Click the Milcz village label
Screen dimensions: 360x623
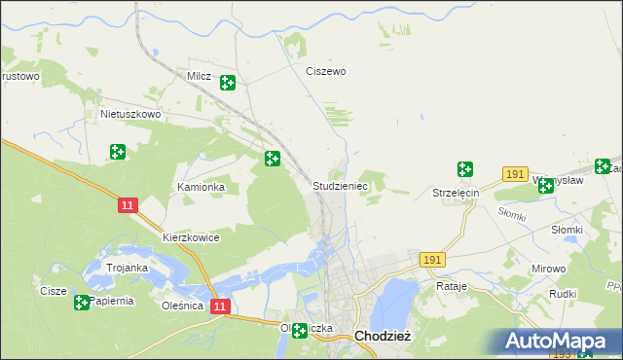tap(199, 75)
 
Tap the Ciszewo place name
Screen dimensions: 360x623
tap(326, 71)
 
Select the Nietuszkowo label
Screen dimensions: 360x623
tap(129, 114)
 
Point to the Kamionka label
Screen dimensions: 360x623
tap(201, 186)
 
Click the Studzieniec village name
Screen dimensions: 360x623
tap(340, 185)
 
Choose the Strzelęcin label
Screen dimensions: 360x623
tap(457, 194)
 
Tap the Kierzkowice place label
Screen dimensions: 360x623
tap(191, 237)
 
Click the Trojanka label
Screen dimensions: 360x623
tap(127, 268)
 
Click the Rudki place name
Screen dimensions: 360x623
tap(565, 293)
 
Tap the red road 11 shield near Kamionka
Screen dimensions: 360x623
tap(128, 205)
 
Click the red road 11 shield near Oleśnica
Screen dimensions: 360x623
tap(221, 306)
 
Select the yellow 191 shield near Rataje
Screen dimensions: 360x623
tap(433, 260)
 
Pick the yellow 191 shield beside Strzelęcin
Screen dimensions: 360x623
tap(516, 173)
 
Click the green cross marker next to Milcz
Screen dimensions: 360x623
tap(227, 83)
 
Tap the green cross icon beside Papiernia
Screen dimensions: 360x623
tap(81, 303)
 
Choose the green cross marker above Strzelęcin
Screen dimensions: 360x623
tap(464, 169)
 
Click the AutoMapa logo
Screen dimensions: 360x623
tap(560, 342)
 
